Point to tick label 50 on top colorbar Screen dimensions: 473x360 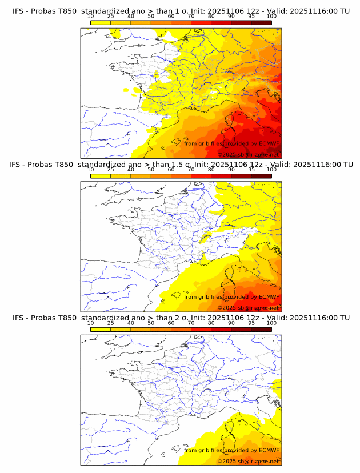click(151, 16)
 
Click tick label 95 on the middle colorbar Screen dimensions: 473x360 click(251, 170)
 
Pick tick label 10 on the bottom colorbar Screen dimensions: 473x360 click(91, 323)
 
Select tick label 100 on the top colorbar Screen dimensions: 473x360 click(271, 16)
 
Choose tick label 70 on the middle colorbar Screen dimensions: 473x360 click(191, 170)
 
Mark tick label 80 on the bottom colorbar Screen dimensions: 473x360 click(211, 323)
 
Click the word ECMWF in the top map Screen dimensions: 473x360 click(269, 143)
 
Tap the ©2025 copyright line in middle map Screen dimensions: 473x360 click(248, 308)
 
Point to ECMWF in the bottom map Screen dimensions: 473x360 click(269, 450)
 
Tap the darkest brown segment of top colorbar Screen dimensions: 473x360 click(261, 22)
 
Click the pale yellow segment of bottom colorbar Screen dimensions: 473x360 click(101, 328)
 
